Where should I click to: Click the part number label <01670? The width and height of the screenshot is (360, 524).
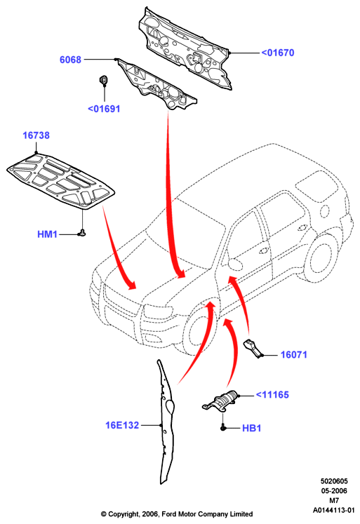coord(277,53)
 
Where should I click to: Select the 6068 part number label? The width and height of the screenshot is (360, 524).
coord(70,60)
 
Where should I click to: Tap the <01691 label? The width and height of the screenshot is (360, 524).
coord(104,109)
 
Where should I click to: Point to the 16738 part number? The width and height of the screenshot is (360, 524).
coord(36,135)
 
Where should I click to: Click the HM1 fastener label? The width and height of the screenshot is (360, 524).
coord(47,234)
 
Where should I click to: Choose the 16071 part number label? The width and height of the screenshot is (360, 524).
coord(293,354)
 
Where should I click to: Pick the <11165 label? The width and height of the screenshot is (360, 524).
coord(272,395)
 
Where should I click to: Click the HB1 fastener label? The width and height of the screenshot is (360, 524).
coord(251,428)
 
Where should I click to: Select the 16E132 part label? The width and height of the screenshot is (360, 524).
coord(122,425)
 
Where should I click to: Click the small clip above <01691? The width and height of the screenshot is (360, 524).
coord(103,80)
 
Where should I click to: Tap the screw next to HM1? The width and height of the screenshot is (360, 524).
coord(82,233)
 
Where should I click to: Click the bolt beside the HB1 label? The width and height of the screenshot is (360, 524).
coord(223,427)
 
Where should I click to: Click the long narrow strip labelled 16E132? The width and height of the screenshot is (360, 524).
coord(166,422)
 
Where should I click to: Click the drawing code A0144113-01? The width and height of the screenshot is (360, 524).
coord(333,510)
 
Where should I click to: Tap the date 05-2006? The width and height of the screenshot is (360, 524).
coord(334,491)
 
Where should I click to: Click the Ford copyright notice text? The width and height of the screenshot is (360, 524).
coord(177,514)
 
